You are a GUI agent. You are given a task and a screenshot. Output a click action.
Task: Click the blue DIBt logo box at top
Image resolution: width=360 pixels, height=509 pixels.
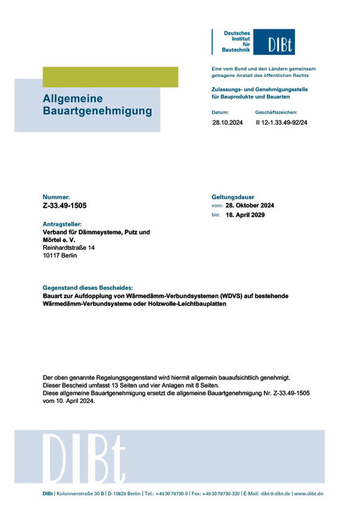tap(273, 42)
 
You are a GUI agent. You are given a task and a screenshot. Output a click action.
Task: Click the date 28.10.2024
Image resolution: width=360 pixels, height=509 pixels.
tap(225, 122)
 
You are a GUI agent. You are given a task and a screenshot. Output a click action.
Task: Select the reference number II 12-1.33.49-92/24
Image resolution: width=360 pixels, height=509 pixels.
tap(281, 122)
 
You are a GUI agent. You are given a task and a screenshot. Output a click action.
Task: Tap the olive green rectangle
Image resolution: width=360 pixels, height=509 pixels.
tap(110, 77)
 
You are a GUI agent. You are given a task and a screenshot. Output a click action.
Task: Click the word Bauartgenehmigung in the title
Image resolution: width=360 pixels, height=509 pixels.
tap(97, 111)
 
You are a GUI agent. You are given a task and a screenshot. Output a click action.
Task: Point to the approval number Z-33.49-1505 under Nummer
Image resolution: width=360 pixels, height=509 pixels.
tap(65, 205)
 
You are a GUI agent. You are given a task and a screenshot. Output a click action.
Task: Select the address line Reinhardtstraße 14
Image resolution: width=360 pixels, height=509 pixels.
tap(68, 247)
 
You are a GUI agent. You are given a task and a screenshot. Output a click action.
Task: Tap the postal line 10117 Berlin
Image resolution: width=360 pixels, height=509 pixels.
tap(60, 255)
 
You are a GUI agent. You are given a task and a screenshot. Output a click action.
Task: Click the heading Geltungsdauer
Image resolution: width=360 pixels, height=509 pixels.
tap(233, 197)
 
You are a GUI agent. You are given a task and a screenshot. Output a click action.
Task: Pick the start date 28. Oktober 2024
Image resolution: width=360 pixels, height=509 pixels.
tap(250, 205)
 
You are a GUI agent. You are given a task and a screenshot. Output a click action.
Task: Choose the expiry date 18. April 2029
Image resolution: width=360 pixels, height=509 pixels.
tap(246, 214)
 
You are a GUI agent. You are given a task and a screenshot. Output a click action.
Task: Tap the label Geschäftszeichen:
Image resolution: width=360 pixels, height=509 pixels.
tap(276, 112)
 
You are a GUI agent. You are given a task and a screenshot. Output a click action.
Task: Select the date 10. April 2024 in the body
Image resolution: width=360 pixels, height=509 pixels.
tap(73, 402)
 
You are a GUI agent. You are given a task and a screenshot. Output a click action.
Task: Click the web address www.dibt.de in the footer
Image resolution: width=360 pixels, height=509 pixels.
tap(309, 493)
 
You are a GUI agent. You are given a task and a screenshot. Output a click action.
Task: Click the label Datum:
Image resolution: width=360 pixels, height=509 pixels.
tap(220, 112)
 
